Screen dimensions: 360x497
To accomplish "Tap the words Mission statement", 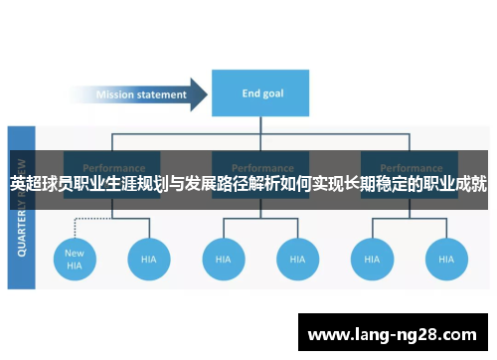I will tap(140, 95).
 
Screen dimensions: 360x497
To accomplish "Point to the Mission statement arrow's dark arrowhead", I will tap(198, 95).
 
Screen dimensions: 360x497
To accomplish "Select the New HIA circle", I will tap(75, 259).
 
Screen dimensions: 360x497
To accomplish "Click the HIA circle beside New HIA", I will tap(148, 259).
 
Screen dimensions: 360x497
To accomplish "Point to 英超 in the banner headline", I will tap(28, 184).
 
